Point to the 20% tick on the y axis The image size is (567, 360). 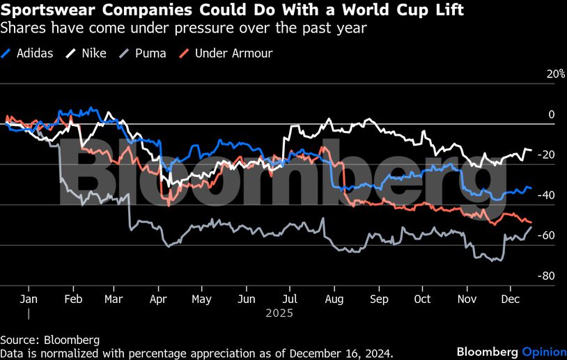tap(555, 74)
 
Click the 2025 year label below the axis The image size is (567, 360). tap(279, 313)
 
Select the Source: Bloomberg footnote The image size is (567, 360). tap(49, 340)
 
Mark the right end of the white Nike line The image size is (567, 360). tap(531, 150)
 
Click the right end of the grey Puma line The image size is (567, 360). tap(531, 227)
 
